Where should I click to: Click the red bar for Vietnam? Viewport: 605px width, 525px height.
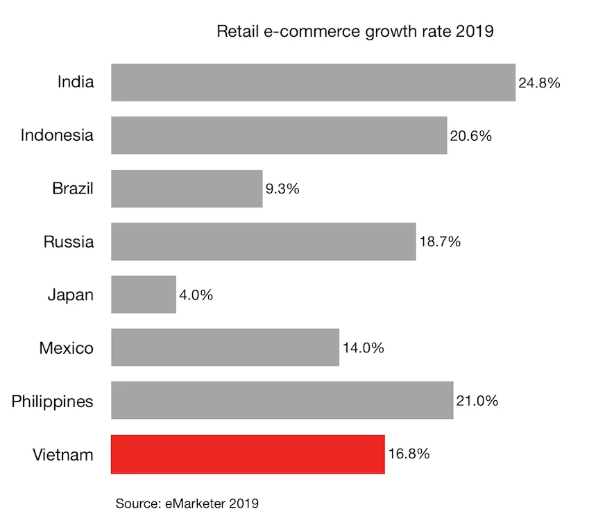[x=248, y=454]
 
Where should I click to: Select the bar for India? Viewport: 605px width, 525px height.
[x=313, y=83]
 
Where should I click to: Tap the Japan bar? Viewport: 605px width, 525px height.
[x=144, y=295]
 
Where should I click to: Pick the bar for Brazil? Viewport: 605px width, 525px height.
[x=187, y=189]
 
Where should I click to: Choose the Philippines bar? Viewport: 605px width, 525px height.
[x=282, y=400]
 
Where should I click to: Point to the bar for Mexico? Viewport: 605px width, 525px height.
[x=225, y=347]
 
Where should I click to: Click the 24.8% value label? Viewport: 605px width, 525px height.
[x=539, y=83]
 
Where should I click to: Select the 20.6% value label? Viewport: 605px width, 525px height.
[x=470, y=136]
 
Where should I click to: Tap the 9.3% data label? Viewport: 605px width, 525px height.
[x=282, y=189]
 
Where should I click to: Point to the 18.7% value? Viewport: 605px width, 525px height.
[x=439, y=242]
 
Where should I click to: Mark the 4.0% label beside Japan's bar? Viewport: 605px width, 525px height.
[x=196, y=295]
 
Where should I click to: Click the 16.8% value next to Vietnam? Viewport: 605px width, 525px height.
[x=409, y=454]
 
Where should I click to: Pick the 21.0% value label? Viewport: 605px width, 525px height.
[x=477, y=401]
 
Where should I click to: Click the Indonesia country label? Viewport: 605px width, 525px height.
[x=57, y=135]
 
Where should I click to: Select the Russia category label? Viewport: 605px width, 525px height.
[x=68, y=242]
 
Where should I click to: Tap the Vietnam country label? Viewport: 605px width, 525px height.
[x=62, y=455]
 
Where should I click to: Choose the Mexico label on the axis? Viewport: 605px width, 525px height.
[x=66, y=348]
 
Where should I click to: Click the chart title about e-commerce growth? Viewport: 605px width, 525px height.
[x=355, y=31]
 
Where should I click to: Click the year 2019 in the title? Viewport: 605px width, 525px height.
[x=475, y=31]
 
